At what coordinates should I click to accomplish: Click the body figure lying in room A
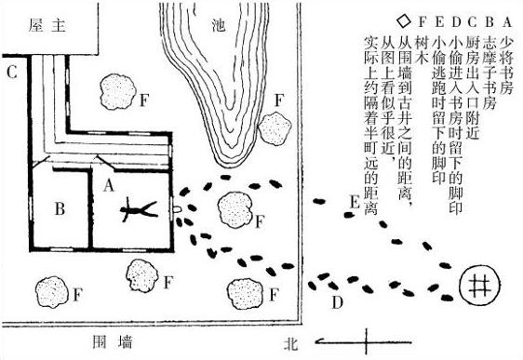(138, 210)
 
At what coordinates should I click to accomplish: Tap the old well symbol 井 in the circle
(479, 286)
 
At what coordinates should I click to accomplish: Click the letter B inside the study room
(60, 209)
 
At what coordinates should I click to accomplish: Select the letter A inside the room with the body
(108, 185)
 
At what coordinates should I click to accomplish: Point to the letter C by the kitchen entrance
(12, 72)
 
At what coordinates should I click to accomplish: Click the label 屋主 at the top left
(47, 25)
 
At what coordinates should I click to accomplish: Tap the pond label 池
(219, 25)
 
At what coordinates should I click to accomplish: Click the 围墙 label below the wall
(113, 342)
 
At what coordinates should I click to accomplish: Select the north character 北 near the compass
(290, 343)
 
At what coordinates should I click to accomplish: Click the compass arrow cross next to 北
(365, 341)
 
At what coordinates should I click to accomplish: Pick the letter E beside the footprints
(355, 202)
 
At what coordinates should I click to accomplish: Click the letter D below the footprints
(338, 302)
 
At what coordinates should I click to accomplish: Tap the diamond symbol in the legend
(404, 21)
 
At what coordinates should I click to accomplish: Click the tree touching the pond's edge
(275, 128)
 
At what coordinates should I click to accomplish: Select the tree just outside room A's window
(235, 210)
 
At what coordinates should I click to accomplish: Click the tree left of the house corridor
(118, 92)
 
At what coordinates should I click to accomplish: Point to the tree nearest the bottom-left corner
(52, 292)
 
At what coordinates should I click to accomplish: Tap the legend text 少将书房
(506, 65)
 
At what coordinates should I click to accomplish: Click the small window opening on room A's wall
(177, 209)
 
